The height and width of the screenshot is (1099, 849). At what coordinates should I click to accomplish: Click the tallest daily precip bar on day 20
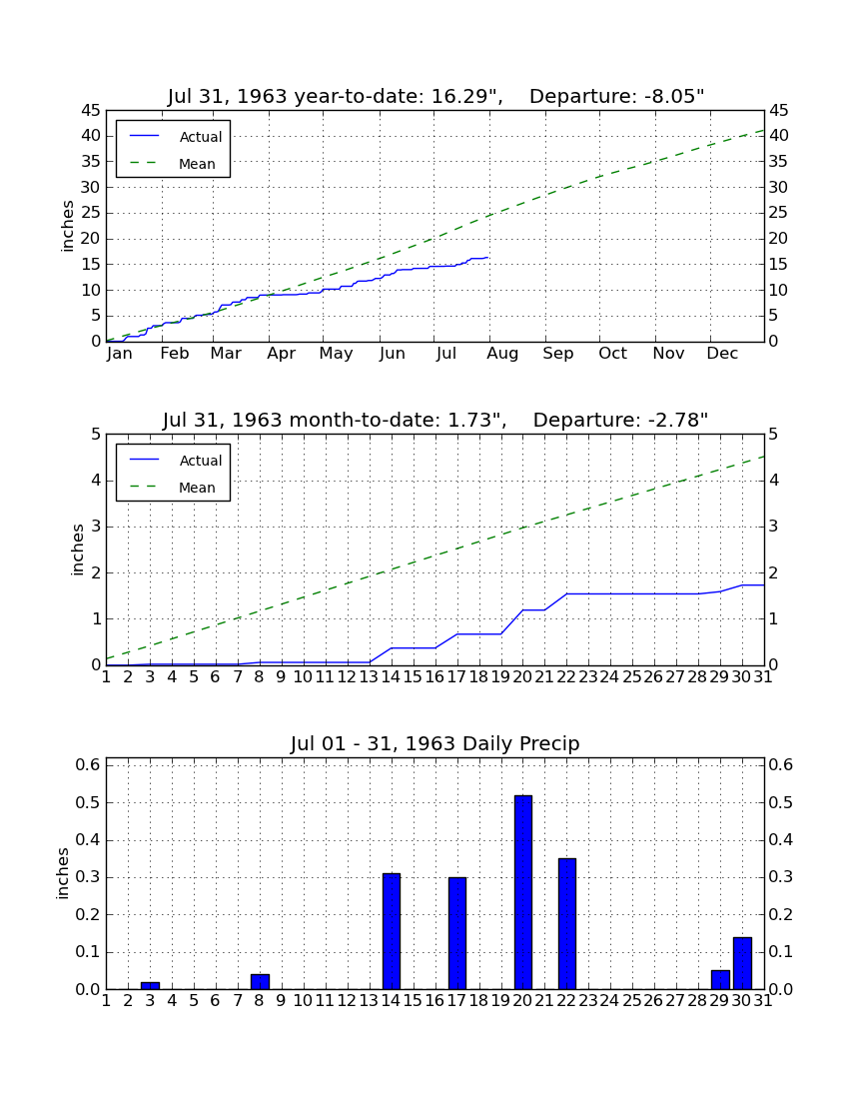click(x=523, y=892)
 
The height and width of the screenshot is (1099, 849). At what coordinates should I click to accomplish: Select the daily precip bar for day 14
click(x=392, y=931)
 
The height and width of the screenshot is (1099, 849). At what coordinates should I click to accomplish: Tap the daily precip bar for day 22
click(x=567, y=924)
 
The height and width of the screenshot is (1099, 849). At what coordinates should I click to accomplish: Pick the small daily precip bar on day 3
click(x=150, y=985)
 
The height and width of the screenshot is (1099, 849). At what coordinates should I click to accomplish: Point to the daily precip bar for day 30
click(x=742, y=963)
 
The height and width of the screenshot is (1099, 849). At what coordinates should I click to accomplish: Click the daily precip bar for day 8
click(x=260, y=982)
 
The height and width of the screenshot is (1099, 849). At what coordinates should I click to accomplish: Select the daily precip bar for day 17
click(x=457, y=933)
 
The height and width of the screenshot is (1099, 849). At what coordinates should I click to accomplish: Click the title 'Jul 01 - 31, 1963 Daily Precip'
click(x=435, y=743)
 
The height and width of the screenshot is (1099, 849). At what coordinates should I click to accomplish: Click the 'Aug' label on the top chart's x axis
click(x=502, y=354)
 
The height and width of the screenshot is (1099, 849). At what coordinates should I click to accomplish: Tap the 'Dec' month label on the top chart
click(x=722, y=354)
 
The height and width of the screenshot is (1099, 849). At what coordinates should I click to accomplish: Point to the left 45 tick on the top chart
click(x=92, y=111)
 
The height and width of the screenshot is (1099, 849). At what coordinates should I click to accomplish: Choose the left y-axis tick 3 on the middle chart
click(x=96, y=527)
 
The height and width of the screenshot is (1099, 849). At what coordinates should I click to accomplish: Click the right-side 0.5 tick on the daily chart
click(x=780, y=802)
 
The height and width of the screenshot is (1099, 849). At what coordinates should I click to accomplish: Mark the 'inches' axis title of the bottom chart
click(x=63, y=873)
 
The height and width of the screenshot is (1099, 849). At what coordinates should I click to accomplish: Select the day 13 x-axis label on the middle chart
click(x=369, y=677)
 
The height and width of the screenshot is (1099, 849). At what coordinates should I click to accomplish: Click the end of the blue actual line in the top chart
click(x=488, y=257)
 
